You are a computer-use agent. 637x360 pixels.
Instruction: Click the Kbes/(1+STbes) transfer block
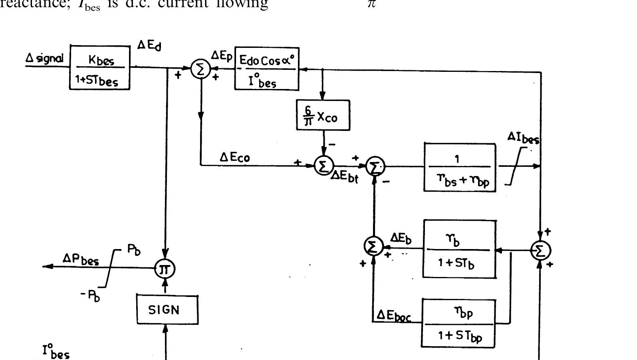(x=100, y=67)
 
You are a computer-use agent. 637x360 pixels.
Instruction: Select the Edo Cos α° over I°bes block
(x=267, y=69)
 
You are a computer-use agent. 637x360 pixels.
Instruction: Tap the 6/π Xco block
(x=323, y=115)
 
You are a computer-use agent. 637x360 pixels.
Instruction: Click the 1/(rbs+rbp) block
(x=460, y=168)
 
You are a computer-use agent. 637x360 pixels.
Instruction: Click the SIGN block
(x=167, y=310)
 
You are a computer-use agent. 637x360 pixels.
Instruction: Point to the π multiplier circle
(x=165, y=269)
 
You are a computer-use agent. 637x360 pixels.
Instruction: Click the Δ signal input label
(x=44, y=59)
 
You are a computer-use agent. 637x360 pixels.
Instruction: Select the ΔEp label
(x=221, y=57)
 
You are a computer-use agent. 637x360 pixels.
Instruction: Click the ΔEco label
(x=235, y=157)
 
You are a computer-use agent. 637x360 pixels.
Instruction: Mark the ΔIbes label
(x=523, y=138)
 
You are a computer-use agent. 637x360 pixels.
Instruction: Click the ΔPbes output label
(x=80, y=259)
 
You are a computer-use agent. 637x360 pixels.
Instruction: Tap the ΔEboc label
(x=393, y=316)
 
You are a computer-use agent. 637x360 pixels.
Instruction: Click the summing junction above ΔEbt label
(x=323, y=166)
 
